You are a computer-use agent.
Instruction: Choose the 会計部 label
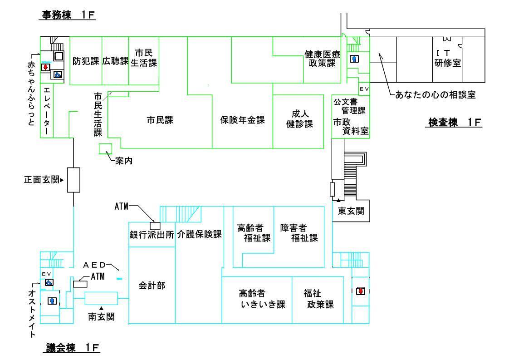tap(152, 285)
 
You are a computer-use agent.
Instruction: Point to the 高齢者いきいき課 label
tap(256, 299)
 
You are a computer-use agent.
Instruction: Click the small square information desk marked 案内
tap(106, 148)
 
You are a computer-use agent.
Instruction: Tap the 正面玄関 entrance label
tap(43, 180)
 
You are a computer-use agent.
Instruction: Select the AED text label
tap(96, 265)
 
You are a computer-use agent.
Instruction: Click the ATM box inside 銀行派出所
tap(155, 226)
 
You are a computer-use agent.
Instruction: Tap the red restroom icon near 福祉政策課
tap(361, 291)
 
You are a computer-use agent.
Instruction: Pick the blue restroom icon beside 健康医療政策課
tap(355, 59)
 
